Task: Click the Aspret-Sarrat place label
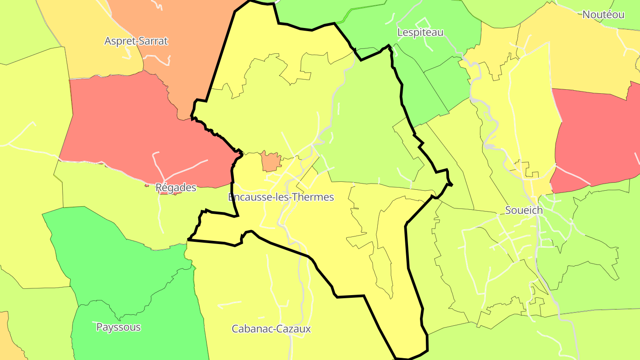tap(136, 41)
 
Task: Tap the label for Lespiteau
tap(420, 32)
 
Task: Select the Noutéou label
tap(603, 15)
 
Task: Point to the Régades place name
tap(176, 188)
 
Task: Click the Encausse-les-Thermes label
tap(280, 197)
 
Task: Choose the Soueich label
tap(524, 210)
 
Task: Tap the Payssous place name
tap(118, 327)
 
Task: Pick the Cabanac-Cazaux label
tap(271, 329)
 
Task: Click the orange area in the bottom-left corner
tap(5, 338)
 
